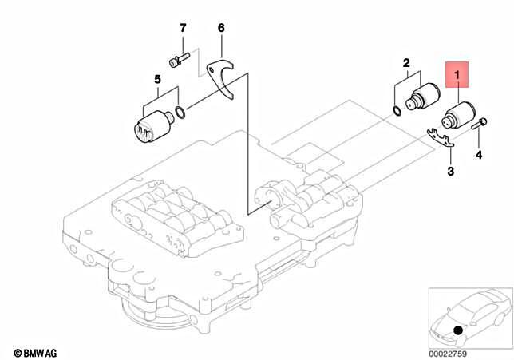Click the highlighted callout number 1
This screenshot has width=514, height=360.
pyautogui.click(x=458, y=76)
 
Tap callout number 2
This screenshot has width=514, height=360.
pyautogui.click(x=405, y=62)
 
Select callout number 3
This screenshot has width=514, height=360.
pyautogui.click(x=450, y=171)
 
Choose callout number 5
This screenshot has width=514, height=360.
pyautogui.click(x=158, y=79)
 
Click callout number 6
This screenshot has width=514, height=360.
pyautogui.click(x=221, y=30)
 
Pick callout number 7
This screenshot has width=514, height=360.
pyautogui.click(x=183, y=30)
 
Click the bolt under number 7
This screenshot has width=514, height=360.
pyautogui.click(x=179, y=59)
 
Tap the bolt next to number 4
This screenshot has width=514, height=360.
pyautogui.click(x=480, y=125)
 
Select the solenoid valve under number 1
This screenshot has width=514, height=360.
pyautogui.click(x=457, y=116)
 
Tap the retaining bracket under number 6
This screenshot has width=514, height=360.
pyautogui.click(x=223, y=77)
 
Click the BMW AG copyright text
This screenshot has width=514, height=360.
pyautogui.click(x=36, y=351)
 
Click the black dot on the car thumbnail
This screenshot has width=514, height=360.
pyautogui.click(x=457, y=330)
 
